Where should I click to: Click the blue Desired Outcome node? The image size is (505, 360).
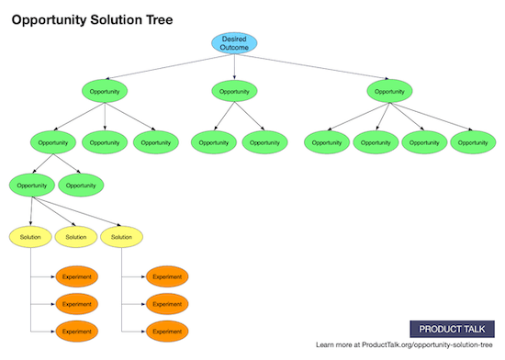pos(234,43)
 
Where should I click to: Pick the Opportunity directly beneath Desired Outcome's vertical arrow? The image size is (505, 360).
pos(234,91)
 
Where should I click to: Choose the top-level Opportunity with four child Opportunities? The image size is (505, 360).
pos(389,91)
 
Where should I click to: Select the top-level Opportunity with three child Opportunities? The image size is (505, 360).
pos(105,91)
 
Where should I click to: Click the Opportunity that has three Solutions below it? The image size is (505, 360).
pos(32,185)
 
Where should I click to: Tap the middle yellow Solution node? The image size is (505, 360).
pos(76,237)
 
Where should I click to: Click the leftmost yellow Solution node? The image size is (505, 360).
pos(29,237)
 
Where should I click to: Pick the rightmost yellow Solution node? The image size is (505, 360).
pos(121,237)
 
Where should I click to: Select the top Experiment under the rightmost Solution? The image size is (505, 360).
pos(167,276)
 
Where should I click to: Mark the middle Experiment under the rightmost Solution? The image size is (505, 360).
pos(167,303)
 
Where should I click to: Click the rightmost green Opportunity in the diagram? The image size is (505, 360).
pos(473,142)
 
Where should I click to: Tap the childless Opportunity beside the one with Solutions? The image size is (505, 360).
pos(81,185)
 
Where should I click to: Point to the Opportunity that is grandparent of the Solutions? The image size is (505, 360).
pos(53,142)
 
